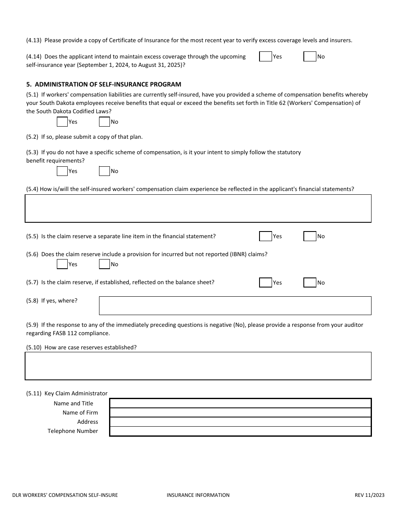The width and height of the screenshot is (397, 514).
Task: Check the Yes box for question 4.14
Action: tap(266, 56)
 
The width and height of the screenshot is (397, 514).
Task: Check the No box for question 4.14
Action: tap(310, 56)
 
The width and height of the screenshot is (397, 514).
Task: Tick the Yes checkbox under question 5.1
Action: tap(62, 122)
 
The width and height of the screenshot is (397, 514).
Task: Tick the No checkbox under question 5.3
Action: tap(104, 171)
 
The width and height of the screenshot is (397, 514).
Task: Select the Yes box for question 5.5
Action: tap(266, 237)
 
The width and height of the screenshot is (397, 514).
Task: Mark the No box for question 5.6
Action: tap(104, 264)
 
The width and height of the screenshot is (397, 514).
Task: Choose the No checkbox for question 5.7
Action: tap(310, 282)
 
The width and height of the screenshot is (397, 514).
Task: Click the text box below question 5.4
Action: tap(198, 208)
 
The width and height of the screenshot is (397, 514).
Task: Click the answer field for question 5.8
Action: tap(235, 305)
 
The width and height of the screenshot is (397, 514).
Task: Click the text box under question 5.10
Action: tap(198, 366)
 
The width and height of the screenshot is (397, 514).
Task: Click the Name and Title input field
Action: tap(240, 403)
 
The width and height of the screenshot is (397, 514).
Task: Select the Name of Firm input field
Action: tap(240, 412)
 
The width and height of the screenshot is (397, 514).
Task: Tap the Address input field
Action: tap(240, 422)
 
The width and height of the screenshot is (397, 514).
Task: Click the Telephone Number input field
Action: tap(240, 431)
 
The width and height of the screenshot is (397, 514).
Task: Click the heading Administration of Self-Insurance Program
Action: tap(108, 84)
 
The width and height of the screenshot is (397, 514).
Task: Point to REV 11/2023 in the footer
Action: tap(369, 495)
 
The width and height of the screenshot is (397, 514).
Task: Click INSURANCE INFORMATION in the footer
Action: tap(198, 495)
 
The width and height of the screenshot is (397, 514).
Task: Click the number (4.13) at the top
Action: tap(34, 41)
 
